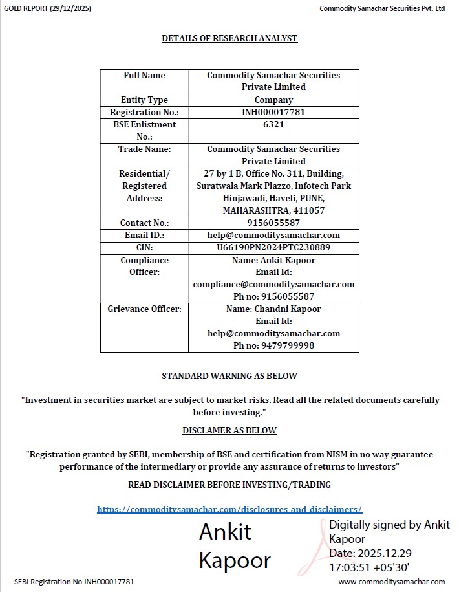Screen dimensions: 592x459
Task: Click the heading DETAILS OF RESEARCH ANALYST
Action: coord(229,38)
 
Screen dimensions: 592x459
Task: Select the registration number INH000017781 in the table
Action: coord(273,112)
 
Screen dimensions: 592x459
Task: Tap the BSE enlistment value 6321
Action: coord(273,124)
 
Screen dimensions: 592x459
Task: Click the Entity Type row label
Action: coord(144,100)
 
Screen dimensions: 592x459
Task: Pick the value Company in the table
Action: coord(273,100)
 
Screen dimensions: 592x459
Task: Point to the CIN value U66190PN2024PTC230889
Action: coord(273,247)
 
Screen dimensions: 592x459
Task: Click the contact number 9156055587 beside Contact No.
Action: coord(273,223)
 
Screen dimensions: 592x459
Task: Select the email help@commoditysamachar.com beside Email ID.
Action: coord(273,235)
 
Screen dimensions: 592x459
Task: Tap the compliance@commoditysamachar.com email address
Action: coord(273,284)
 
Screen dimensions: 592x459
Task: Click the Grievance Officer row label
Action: coord(144,309)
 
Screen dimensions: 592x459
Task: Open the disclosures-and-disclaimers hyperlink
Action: coord(229,509)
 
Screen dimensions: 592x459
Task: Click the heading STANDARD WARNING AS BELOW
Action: coord(229,376)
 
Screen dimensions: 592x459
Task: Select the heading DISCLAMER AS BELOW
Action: coord(229,430)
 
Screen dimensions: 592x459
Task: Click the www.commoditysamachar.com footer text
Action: coord(392,582)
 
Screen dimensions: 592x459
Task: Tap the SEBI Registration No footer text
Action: coord(74,582)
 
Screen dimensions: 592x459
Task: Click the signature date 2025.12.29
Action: coord(385,553)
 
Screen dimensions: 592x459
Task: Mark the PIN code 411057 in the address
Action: coord(309,210)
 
